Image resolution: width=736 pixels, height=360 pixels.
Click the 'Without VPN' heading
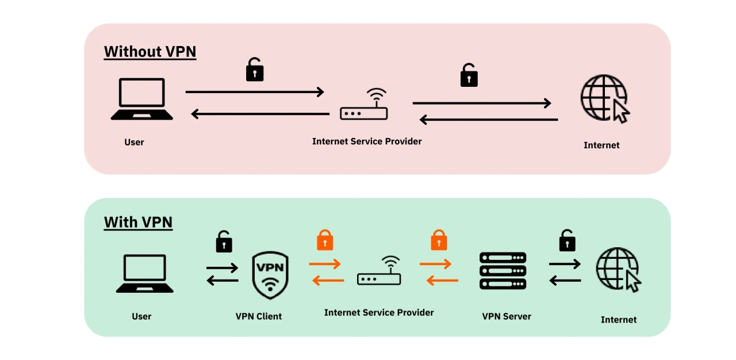pos(149,52)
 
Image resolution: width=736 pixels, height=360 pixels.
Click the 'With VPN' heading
pos(138,223)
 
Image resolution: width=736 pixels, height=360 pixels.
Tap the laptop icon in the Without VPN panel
pos(141,99)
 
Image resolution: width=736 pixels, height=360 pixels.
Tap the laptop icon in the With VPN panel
pos(145,274)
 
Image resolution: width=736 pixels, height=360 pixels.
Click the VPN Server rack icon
pos(503,271)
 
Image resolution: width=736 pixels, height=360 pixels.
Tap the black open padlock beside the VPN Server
pos(568,240)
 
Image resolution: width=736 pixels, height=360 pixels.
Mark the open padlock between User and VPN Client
pos(224,242)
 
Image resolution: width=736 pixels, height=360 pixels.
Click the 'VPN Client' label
pos(259,316)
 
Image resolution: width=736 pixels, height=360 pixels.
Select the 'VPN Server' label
pos(507,316)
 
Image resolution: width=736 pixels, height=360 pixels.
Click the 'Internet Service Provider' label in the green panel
pos(379,312)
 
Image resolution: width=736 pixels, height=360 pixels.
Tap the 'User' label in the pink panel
pos(134,142)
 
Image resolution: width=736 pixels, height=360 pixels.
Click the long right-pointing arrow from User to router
pos(255,91)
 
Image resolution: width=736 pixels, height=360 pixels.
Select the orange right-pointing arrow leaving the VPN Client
pos(325,264)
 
